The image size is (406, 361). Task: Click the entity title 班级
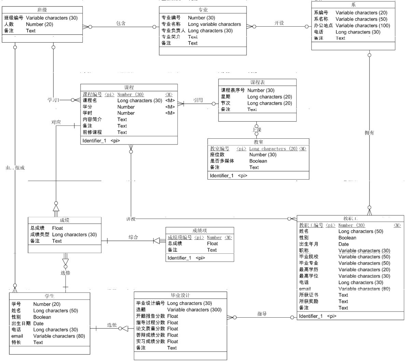pyautogui.click(x=42, y=10)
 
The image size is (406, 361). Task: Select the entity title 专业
pyautogui.click(x=203, y=10)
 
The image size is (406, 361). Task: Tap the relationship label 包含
pyautogui.click(x=121, y=23)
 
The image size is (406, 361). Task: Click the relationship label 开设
pyautogui.click(x=279, y=23)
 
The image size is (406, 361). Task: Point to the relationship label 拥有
pyautogui.click(x=369, y=133)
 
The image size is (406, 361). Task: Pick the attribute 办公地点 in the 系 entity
pyautogui.click(x=323, y=26)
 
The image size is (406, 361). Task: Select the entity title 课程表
pyautogui.click(x=257, y=82)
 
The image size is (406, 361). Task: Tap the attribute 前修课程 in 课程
pyautogui.click(x=92, y=132)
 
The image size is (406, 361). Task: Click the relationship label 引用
pyautogui.click(x=198, y=100)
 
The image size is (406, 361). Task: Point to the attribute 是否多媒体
pyautogui.click(x=222, y=161)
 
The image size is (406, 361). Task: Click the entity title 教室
pyautogui.click(x=258, y=142)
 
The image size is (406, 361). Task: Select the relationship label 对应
pyautogui.click(x=56, y=122)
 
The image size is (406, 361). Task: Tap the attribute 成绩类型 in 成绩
pyautogui.click(x=40, y=235)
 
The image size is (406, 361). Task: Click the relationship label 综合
pyautogui.click(x=133, y=237)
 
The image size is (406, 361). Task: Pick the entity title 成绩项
pyautogui.click(x=199, y=231)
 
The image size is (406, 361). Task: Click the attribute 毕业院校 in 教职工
pyautogui.click(x=309, y=257)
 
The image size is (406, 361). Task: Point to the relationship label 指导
pyautogui.click(x=262, y=314)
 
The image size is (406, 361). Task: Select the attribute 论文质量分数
pyautogui.click(x=151, y=329)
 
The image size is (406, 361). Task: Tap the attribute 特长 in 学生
pyautogui.click(x=16, y=342)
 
